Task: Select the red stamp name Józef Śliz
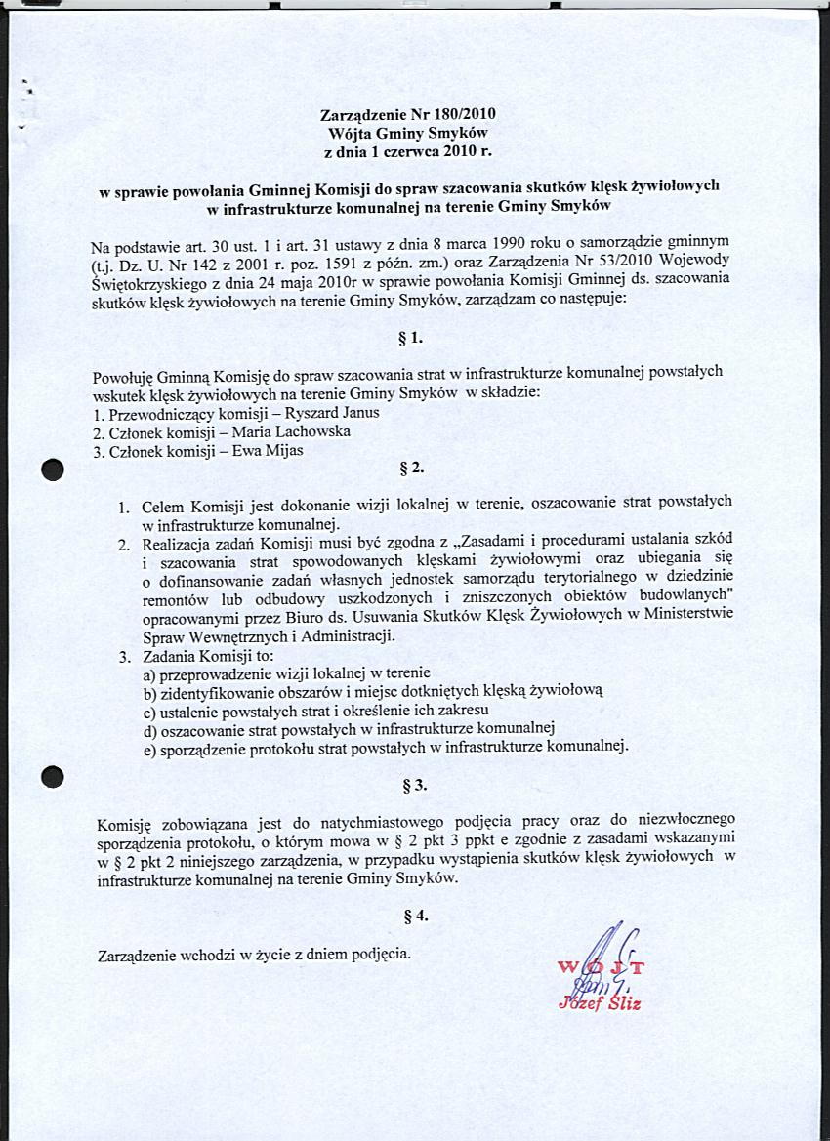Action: pyautogui.click(x=600, y=1004)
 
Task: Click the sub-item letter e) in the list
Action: pyautogui.click(x=150, y=748)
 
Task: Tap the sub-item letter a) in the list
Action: pyautogui.click(x=150, y=673)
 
